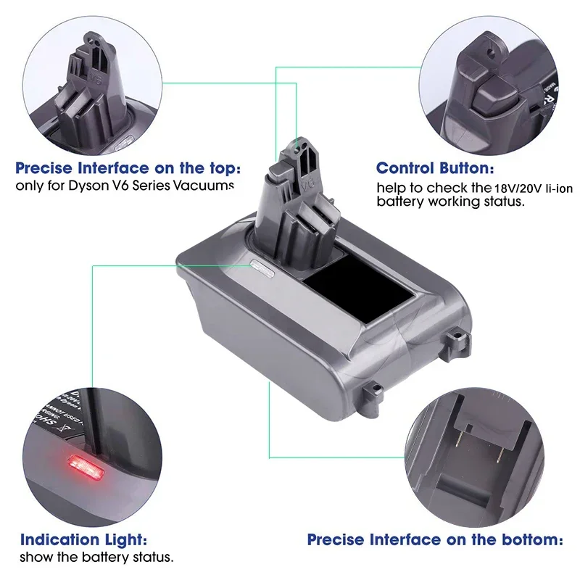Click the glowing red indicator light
[83, 462]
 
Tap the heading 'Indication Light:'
[84, 539]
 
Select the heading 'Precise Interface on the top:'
[128, 169]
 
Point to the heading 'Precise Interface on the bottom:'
[435, 539]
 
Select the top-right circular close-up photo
[493, 80]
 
